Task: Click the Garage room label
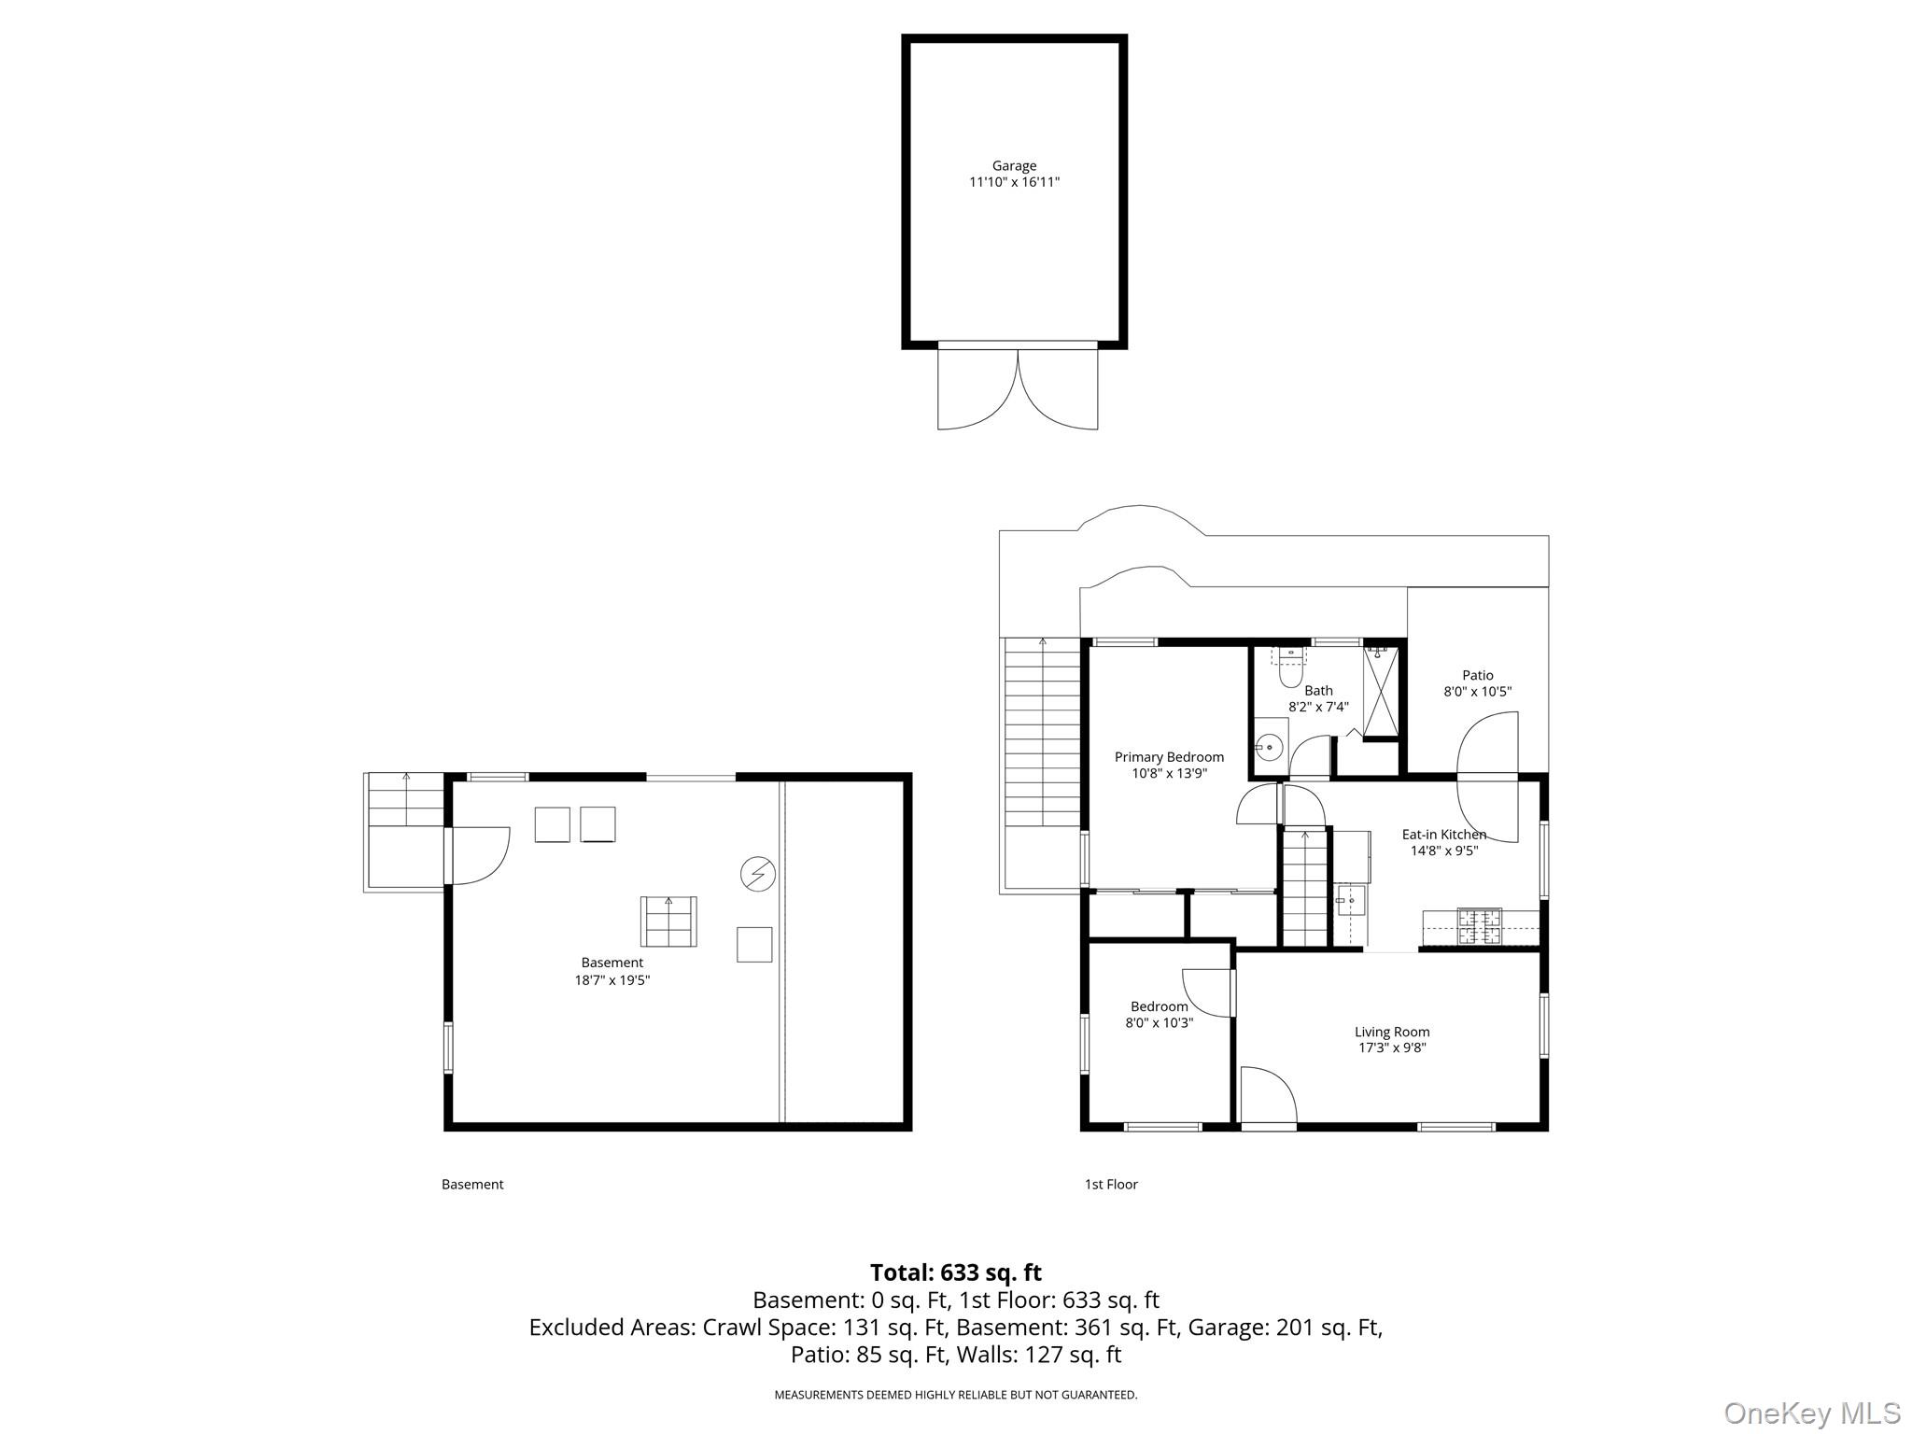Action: coord(1014,166)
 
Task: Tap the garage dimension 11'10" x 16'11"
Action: coord(1014,182)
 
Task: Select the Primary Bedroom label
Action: coord(1169,757)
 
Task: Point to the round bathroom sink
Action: coord(1268,747)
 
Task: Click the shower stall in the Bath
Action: coord(1382,691)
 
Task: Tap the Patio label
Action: coord(1478,675)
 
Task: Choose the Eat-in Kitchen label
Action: coord(1444,835)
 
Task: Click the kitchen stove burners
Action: coord(1480,924)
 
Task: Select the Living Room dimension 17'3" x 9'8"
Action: coord(1392,1047)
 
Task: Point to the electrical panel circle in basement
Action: coord(757,874)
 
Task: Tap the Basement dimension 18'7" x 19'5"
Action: coord(612,980)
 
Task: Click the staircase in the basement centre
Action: coord(668,921)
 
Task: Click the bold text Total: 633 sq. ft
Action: coord(956,1272)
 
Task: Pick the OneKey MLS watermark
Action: coord(1812,1413)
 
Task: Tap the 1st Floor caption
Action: coord(1111,1184)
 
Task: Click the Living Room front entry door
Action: coord(1269,1096)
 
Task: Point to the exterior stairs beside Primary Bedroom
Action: coord(1042,734)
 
